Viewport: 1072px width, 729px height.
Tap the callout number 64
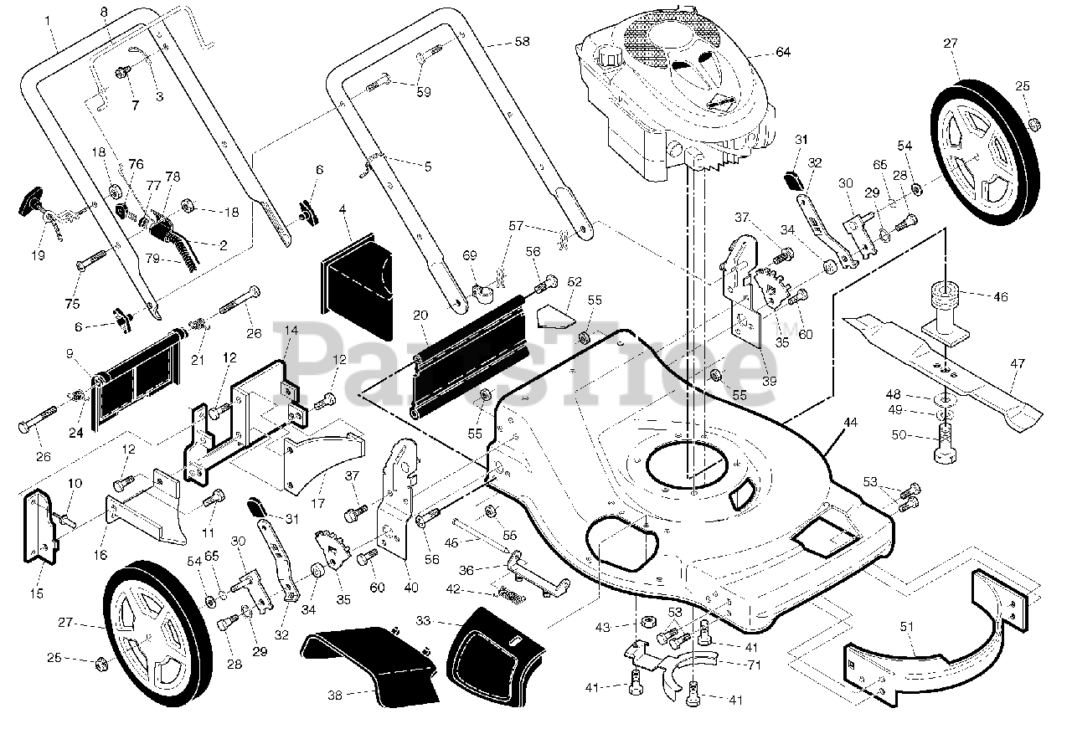point(783,52)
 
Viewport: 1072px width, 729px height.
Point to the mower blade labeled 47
point(943,372)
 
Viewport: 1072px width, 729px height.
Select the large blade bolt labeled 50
point(945,444)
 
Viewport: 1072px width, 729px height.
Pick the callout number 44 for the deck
point(850,423)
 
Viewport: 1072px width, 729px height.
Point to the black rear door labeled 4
point(358,286)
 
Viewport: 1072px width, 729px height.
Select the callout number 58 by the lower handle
point(522,42)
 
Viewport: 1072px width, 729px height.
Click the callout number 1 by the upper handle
point(48,21)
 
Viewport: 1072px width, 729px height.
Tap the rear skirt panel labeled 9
point(138,378)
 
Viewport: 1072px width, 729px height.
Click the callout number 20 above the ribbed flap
point(420,316)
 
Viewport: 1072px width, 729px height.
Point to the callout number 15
point(37,593)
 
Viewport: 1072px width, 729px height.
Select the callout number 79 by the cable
point(152,259)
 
